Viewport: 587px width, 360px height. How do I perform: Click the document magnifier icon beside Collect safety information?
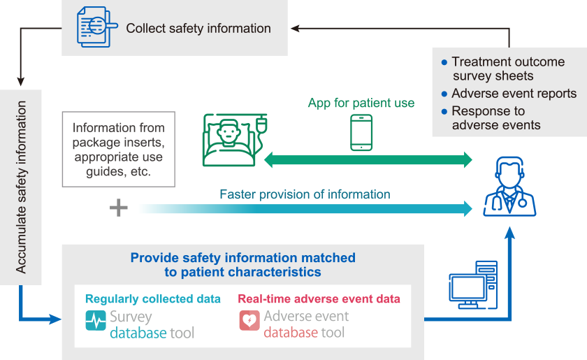[95, 29]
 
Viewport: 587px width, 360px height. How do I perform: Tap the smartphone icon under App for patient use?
[361, 133]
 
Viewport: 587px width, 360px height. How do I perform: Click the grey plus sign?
[118, 208]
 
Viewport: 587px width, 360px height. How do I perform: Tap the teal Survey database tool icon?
[96, 320]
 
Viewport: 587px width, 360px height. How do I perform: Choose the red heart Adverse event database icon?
[249, 320]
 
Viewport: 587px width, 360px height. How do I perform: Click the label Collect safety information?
[198, 29]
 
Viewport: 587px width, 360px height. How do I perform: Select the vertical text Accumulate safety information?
[21, 187]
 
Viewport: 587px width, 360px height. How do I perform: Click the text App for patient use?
[361, 103]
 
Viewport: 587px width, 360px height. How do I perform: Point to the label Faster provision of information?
[305, 194]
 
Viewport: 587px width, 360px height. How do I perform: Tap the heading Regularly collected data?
[153, 298]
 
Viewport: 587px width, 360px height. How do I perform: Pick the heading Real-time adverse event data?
[319, 298]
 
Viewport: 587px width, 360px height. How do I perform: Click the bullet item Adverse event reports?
[514, 94]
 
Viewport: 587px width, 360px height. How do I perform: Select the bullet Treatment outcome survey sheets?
[507, 69]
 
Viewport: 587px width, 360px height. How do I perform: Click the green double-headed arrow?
[368, 159]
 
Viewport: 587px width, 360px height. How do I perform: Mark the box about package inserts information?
[119, 149]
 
